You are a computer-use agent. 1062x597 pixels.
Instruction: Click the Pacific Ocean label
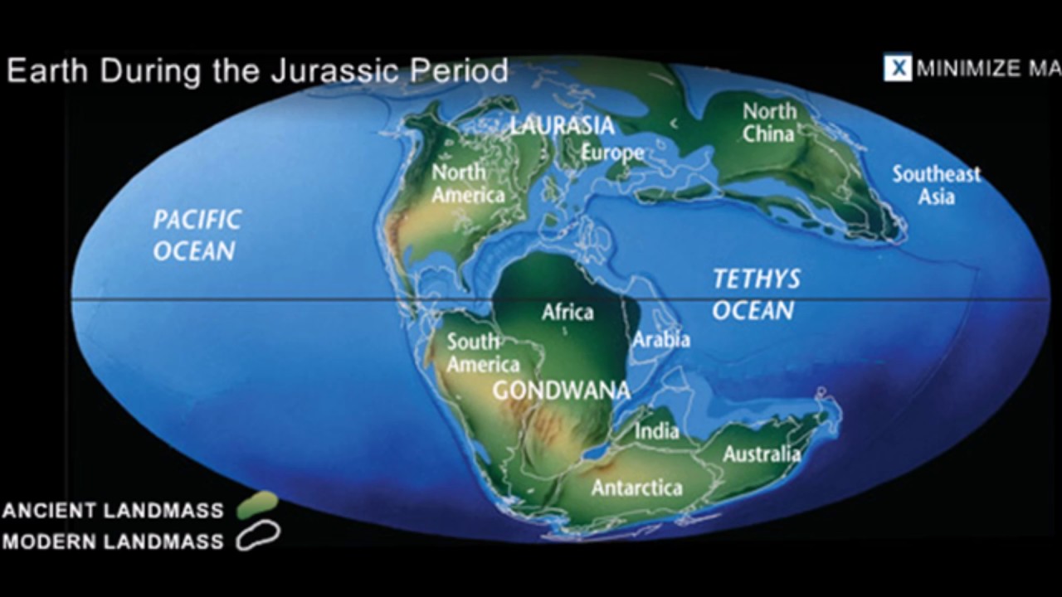click(197, 235)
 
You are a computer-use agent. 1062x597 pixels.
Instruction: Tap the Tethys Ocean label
click(756, 294)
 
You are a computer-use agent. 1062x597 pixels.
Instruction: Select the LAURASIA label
click(562, 126)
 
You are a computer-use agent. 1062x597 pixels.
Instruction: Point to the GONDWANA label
click(562, 391)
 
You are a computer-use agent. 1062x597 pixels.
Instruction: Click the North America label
click(468, 183)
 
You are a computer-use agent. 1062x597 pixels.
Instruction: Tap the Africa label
click(568, 313)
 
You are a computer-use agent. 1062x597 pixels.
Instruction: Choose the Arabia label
click(661, 339)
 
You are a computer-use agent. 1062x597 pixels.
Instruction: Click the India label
click(656, 431)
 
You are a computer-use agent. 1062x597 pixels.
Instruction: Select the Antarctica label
click(636, 488)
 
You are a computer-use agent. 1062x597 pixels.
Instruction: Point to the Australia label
click(762, 454)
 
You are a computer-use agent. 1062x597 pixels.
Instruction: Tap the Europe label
click(612, 153)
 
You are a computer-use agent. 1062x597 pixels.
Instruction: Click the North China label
click(768, 122)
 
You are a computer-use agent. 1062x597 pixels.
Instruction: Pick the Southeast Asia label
click(936, 185)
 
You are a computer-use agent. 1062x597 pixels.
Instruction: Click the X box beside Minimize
click(897, 68)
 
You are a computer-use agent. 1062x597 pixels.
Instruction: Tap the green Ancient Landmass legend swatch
click(257, 504)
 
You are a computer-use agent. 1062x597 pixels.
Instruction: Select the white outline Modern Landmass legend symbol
click(258, 536)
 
